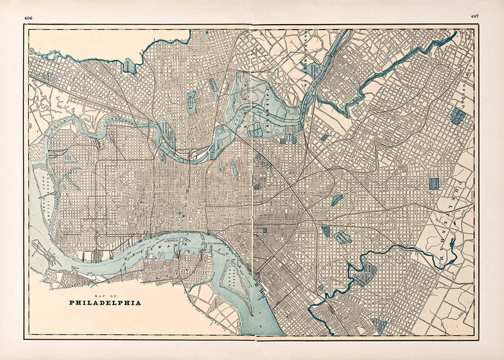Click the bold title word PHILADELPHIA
click(104, 303)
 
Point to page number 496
click(28, 18)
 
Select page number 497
click(474, 15)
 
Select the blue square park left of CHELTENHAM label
click(433, 183)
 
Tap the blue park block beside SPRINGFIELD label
click(457, 115)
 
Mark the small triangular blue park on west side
click(71, 157)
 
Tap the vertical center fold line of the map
click(251, 189)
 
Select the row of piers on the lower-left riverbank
click(94, 256)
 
